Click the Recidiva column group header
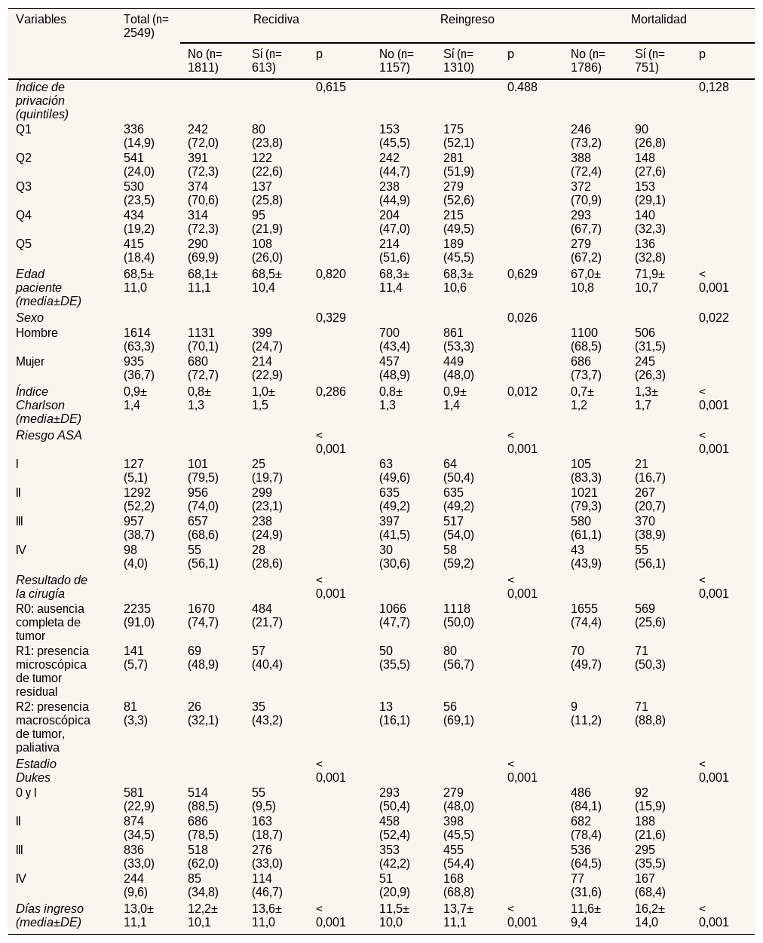pyautogui.click(x=276, y=20)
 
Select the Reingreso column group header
pyautogui.click(x=467, y=20)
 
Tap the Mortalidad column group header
pyautogui.click(x=658, y=20)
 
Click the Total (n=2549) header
pyautogui.click(x=146, y=26)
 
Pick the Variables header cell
pyautogui.click(x=41, y=20)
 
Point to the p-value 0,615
pyautogui.click(x=330, y=87)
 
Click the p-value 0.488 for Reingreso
pyautogui.click(x=522, y=87)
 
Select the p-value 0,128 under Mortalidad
pyautogui.click(x=713, y=87)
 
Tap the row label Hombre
pyautogui.click(x=36, y=333)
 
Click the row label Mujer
pyautogui.click(x=29, y=362)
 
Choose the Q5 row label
pyautogui.click(x=23, y=244)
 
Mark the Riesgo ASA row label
pyautogui.click(x=49, y=436)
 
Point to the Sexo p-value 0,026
pyautogui.click(x=522, y=318)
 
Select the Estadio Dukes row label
pyautogui.click(x=36, y=771)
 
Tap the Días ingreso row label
pyautogui.click(x=49, y=915)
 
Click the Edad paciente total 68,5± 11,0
pyautogui.click(x=138, y=280)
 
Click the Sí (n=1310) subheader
pyautogui.click(x=458, y=60)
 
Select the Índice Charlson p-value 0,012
pyautogui.click(x=522, y=392)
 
